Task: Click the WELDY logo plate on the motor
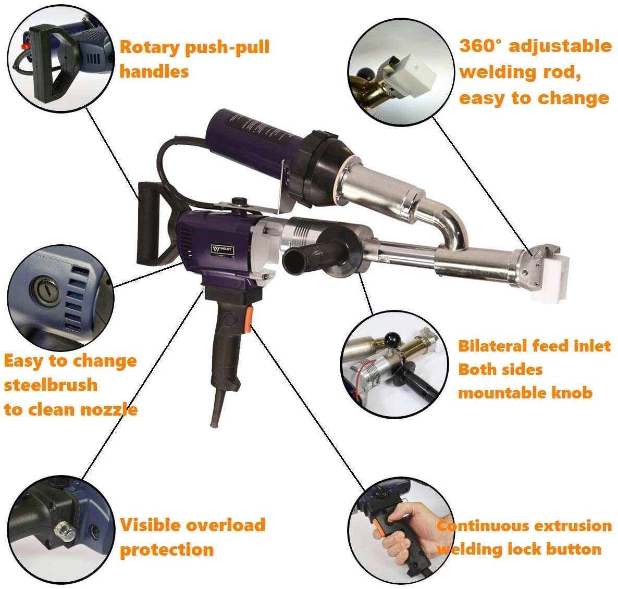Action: click(223, 249)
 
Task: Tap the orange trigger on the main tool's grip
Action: click(249, 320)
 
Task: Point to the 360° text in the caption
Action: click(481, 46)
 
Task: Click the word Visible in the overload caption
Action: click(150, 525)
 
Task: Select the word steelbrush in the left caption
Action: click(51, 385)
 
